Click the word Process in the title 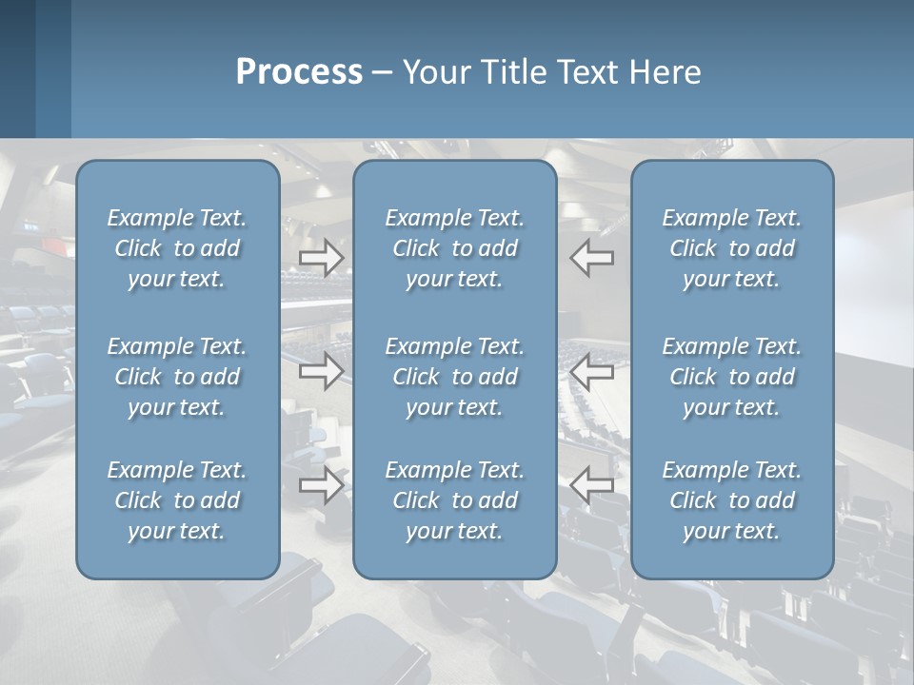(299, 72)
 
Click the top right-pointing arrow (322, 257)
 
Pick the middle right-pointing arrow (322, 371)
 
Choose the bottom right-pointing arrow (322, 485)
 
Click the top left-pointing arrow (592, 257)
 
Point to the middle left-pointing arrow (592, 371)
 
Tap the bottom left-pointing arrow (592, 485)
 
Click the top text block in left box (177, 248)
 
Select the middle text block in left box (177, 377)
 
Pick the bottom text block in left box (177, 500)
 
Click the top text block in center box (455, 248)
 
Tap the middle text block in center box (455, 377)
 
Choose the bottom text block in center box (455, 500)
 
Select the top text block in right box (732, 248)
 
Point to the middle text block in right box (732, 377)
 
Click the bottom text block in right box (732, 500)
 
